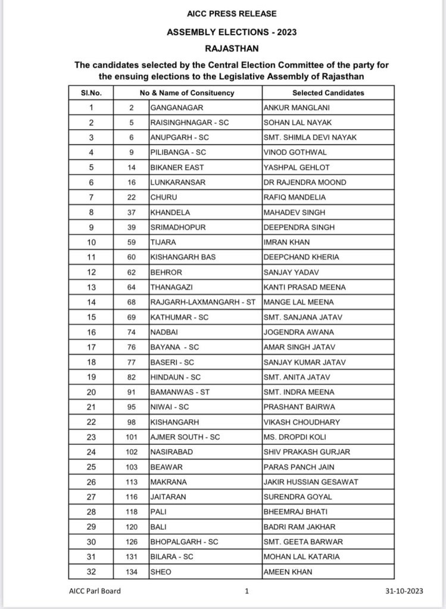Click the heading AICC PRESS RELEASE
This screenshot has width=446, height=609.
coord(223,14)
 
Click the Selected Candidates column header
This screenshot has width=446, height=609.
coord(328,93)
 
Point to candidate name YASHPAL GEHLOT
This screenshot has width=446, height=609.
coord(297,168)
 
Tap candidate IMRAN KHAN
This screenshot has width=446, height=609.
coord(286,243)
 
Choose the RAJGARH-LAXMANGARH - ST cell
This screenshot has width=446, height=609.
coord(202,302)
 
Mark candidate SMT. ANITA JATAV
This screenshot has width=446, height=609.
coord(296,377)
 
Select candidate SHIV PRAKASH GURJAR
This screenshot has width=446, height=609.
coord(307,452)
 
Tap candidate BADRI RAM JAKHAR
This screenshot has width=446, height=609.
coord(300,527)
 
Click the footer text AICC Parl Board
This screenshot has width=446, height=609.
coord(95,591)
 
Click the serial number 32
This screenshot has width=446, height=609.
coord(91,572)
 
